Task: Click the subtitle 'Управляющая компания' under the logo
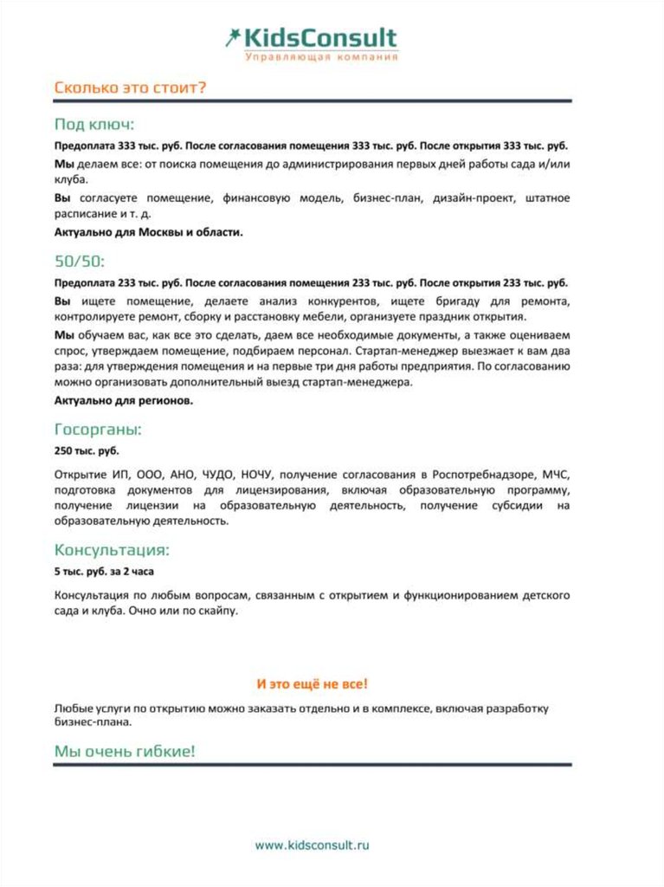[x=321, y=57]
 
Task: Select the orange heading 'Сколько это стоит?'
[x=130, y=88]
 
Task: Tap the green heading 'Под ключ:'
[x=94, y=124]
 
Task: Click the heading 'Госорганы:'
[x=98, y=430]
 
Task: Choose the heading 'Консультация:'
[x=112, y=550]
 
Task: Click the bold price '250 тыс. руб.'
[x=87, y=451]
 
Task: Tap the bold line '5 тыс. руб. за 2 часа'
[x=105, y=572]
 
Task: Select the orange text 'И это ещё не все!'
[x=313, y=684]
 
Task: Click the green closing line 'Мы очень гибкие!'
[x=125, y=751]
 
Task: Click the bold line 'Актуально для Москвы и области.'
[x=149, y=232]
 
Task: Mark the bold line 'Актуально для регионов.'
[x=124, y=401]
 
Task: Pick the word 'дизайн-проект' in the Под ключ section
[x=471, y=198]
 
